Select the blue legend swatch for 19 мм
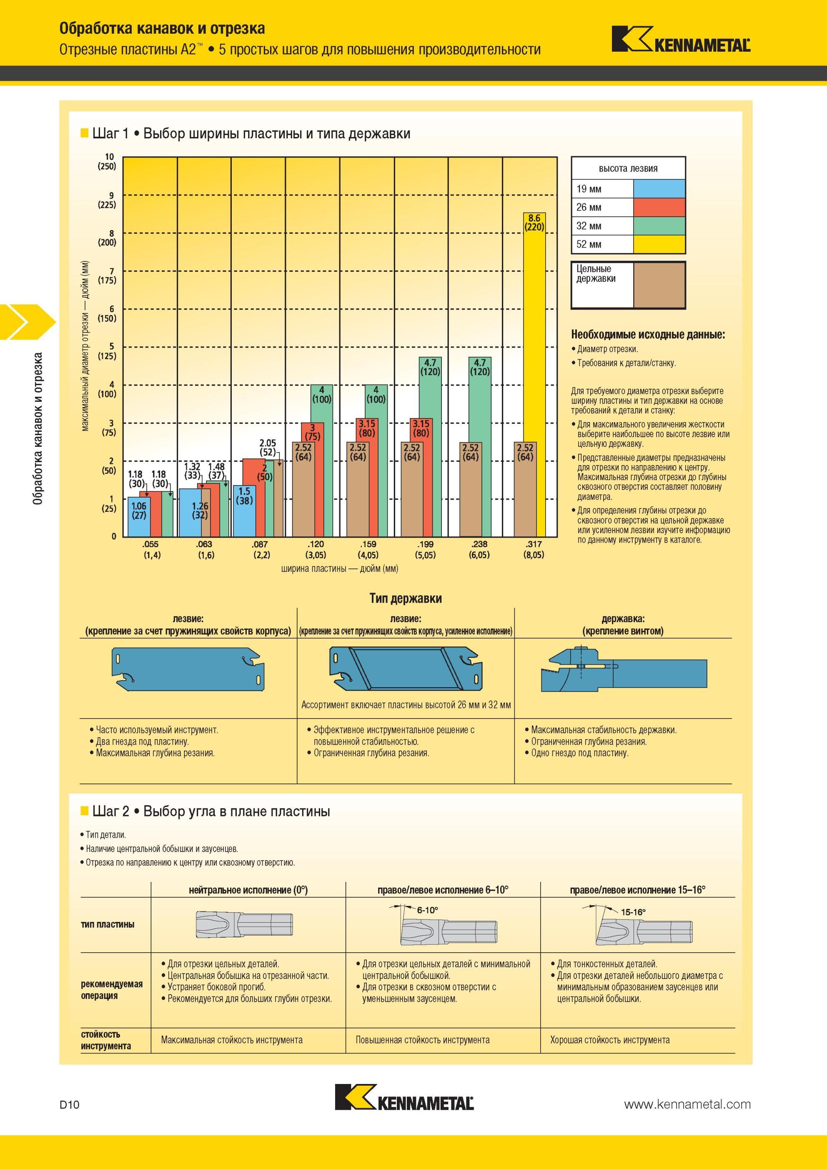(659, 189)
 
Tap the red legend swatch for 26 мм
(659, 207)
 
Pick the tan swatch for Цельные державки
(659, 285)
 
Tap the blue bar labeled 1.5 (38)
(244, 511)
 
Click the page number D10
(70, 1104)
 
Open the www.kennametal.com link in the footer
(687, 1104)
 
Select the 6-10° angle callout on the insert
(428, 910)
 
